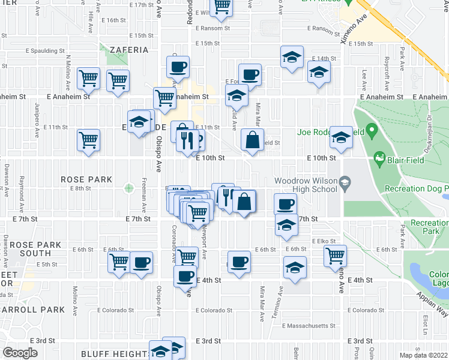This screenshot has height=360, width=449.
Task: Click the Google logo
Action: (20, 353)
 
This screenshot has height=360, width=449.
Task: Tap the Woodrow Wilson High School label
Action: (307, 185)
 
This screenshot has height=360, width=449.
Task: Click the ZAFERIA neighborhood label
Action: (129, 50)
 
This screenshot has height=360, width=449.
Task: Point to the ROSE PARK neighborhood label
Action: (86, 179)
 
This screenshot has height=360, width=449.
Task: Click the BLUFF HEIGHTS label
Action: (115, 354)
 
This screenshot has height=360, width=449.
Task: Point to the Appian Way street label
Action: (434, 305)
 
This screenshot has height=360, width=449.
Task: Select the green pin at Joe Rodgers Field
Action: (372, 129)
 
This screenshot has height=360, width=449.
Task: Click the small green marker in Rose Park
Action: (128, 188)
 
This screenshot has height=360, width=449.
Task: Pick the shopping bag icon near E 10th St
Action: (253, 140)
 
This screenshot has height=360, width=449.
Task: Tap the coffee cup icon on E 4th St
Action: (185, 276)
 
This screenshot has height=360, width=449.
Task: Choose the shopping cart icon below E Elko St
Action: (335, 256)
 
